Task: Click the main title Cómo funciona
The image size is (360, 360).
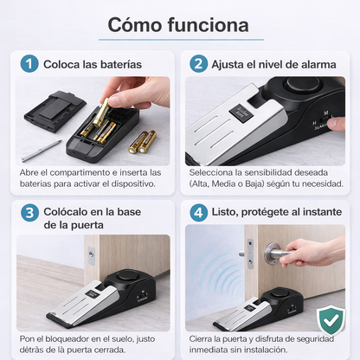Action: (179, 23)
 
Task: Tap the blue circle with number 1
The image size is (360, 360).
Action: (30, 63)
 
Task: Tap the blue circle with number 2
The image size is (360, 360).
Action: (199, 63)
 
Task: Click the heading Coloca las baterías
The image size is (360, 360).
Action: (93, 63)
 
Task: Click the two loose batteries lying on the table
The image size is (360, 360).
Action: (142, 140)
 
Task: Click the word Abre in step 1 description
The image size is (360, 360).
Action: (29, 172)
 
